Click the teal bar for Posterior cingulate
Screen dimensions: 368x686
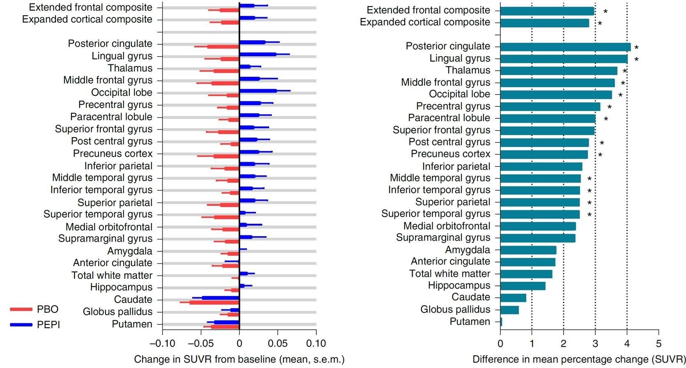coord(565,47)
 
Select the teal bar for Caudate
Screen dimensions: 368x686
coord(513,298)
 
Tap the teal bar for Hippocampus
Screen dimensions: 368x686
coord(523,286)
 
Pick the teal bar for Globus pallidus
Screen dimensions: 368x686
coord(509,310)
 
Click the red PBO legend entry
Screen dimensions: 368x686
coord(35,309)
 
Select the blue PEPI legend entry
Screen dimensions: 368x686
coord(35,324)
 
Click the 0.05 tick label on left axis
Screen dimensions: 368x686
coord(278,343)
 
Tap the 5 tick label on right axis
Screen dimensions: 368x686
coord(658,343)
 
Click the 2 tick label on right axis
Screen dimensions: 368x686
coord(564,343)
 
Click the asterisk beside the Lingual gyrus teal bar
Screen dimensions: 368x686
coord(636,60)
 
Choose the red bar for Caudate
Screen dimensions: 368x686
coord(214,302)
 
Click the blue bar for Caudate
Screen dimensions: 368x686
coord(220,298)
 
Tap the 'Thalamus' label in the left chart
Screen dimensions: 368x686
coord(130,68)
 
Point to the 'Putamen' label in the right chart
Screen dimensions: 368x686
coord(470,322)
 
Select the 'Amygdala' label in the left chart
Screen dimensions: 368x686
coord(130,251)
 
